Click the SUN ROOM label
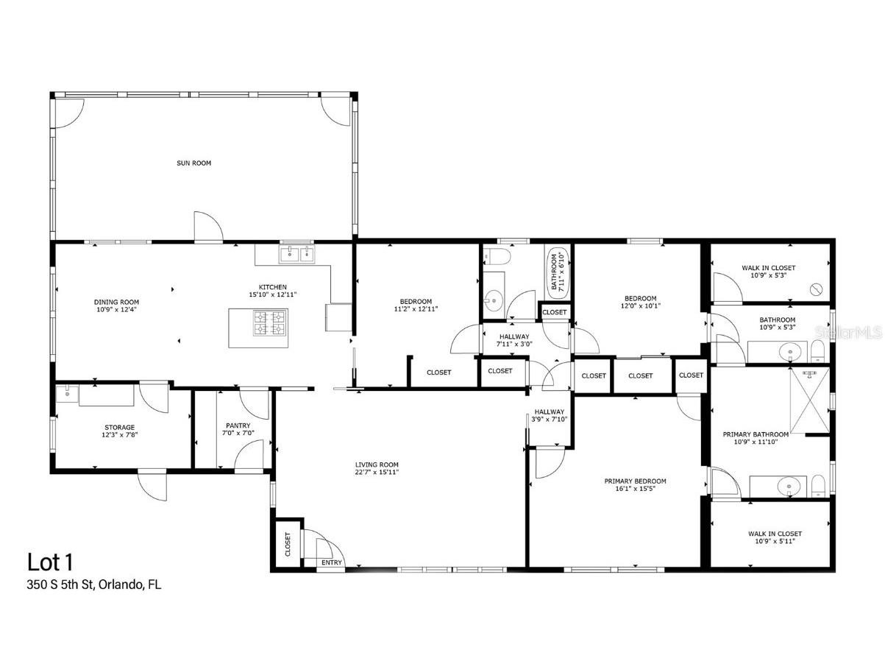coord(193,163)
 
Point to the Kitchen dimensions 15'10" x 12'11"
coord(271,294)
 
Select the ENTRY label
coord(332,562)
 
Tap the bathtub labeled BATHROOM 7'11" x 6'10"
coord(555,272)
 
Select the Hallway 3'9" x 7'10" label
coord(549,415)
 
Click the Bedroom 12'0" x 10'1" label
coord(638,302)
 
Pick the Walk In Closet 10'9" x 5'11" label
coord(775,537)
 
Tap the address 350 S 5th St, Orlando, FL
coord(94,585)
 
